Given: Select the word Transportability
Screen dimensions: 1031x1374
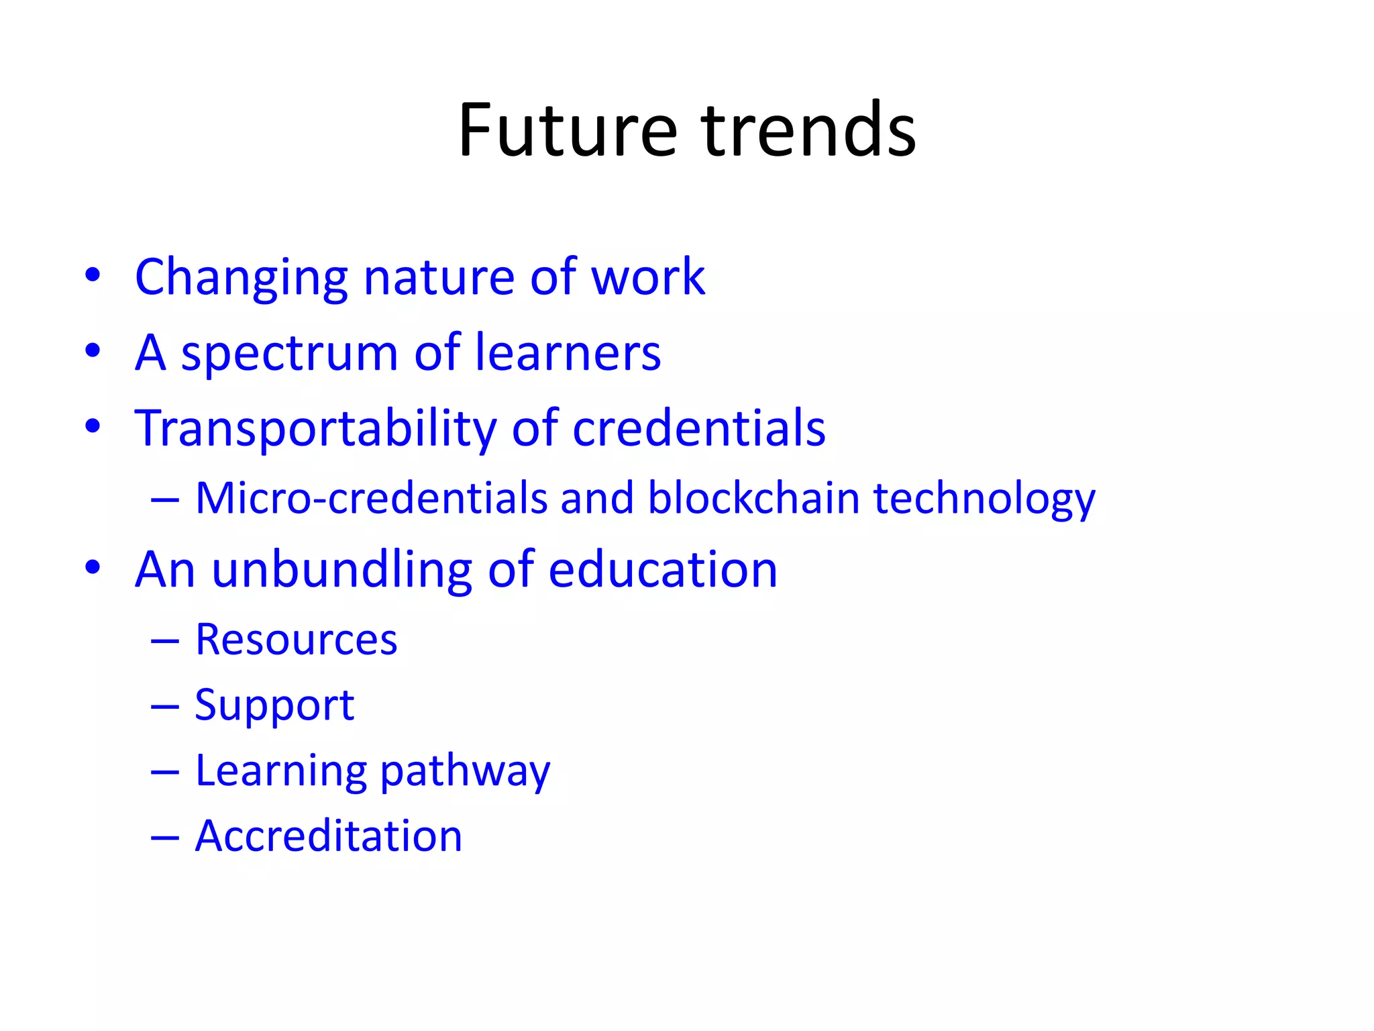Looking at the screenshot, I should click(315, 430).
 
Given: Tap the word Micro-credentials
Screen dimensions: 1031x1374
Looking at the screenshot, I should click(372, 499).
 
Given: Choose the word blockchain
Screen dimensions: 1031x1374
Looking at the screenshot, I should click(753, 499).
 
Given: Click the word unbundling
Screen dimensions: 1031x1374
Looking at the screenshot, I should click(341, 571).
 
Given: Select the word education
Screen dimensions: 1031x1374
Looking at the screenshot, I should click(663, 570).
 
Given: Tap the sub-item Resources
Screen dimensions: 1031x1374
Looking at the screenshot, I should click(296, 640).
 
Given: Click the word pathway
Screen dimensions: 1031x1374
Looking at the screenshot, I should click(465, 772).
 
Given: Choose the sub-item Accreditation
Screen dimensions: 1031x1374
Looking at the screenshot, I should click(329, 836).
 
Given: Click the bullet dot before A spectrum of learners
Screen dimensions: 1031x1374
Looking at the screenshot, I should click(93, 350).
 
